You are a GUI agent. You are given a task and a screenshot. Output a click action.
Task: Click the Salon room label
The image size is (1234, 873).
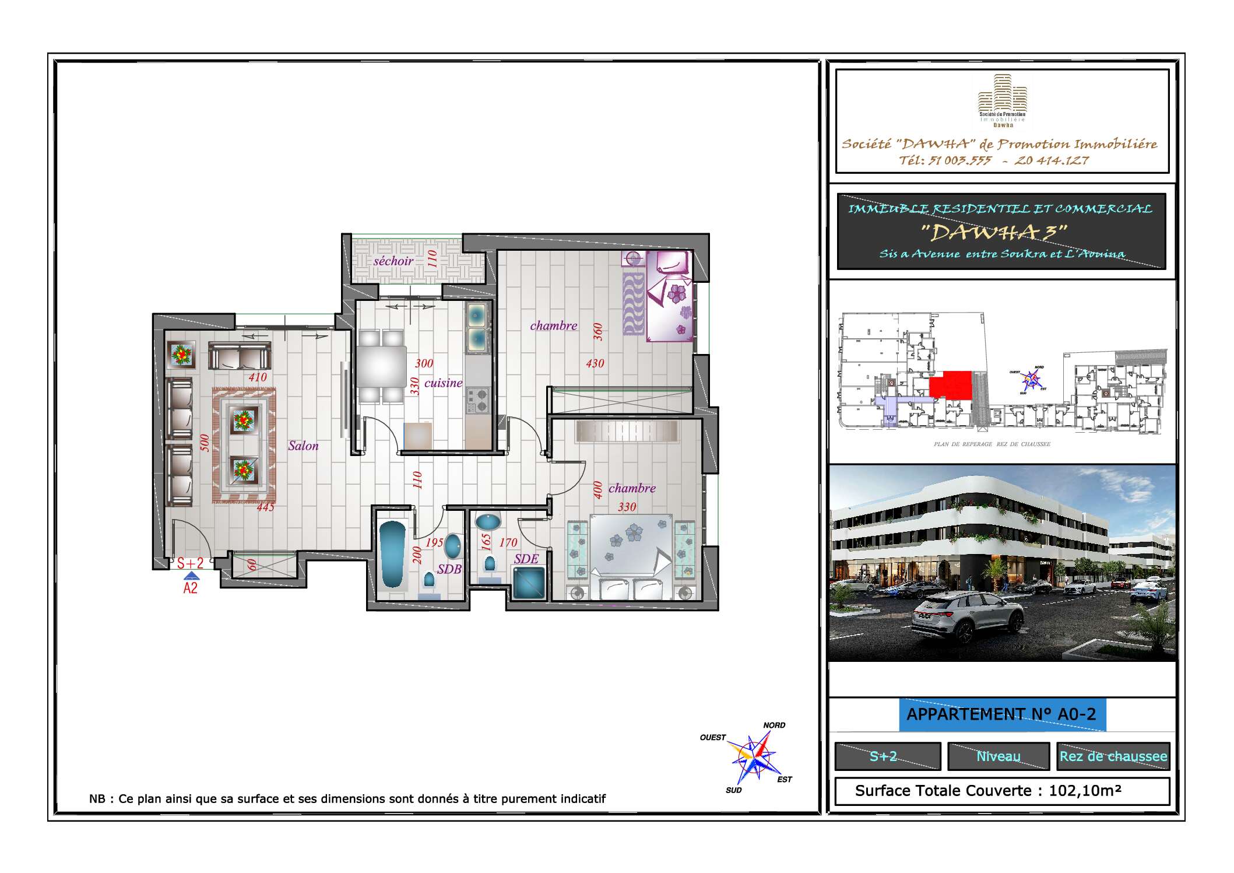(303, 446)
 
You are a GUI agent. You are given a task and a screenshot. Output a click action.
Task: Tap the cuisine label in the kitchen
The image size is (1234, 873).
(443, 383)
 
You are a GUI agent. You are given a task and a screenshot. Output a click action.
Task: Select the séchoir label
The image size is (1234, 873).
(393, 261)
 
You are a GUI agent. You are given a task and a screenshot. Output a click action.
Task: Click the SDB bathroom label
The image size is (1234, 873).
(449, 569)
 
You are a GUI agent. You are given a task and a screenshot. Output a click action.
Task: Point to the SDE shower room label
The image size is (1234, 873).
(526, 559)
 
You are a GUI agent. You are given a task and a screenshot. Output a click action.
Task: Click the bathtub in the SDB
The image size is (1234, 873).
(392, 554)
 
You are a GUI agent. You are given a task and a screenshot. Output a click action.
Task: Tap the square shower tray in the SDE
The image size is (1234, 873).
(529, 583)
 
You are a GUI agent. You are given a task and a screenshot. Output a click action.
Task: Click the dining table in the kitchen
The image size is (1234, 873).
(382, 366)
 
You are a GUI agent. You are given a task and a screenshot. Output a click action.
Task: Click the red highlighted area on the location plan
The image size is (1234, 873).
(951, 385)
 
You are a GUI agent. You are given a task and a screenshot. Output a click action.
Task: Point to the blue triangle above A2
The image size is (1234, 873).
(191, 576)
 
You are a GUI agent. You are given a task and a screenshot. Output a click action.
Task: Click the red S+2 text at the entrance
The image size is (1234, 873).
(191, 563)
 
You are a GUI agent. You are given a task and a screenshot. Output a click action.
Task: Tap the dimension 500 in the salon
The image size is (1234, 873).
(205, 443)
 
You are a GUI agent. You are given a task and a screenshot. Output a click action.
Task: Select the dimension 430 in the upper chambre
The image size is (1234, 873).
(595, 364)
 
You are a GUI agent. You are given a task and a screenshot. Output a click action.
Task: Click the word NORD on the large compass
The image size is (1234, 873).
(774, 725)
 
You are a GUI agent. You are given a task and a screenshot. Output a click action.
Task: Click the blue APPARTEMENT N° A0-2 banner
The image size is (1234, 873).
(1001, 714)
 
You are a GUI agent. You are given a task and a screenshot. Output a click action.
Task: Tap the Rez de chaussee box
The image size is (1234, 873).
(1113, 756)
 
